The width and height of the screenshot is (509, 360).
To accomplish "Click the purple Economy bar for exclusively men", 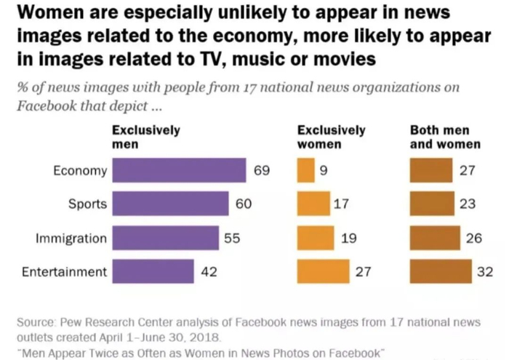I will [x=179, y=171].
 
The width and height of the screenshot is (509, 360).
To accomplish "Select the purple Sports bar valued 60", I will [x=171, y=204].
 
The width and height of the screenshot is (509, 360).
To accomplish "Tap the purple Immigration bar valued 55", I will [x=166, y=238].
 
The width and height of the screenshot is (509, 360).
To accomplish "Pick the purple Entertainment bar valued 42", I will [x=153, y=272].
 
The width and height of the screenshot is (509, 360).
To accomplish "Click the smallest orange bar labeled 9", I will [x=305, y=171].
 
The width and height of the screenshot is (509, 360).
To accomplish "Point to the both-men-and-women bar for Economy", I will [x=430, y=171].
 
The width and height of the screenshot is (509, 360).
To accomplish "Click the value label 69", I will [x=262, y=171].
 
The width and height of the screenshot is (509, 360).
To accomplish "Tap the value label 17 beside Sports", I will [x=341, y=204].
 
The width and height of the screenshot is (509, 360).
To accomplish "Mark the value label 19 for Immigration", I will [x=348, y=238].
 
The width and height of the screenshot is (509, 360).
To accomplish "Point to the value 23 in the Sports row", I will [x=467, y=204].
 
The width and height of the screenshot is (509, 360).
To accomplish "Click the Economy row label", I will [x=80, y=171].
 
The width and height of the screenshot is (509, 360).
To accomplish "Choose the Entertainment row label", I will [x=64, y=272].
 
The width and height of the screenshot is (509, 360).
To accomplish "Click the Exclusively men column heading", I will [x=145, y=137].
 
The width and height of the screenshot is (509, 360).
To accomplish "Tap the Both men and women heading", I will [x=445, y=137].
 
